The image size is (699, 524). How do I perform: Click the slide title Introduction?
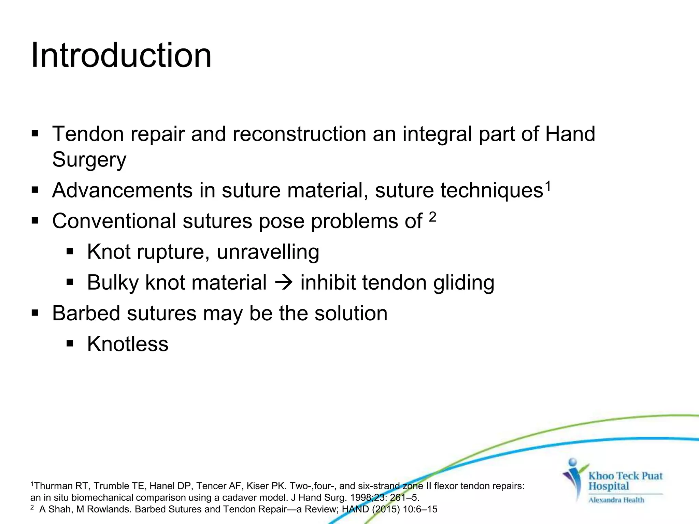[121, 55]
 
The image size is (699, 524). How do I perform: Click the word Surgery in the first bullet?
[89, 160]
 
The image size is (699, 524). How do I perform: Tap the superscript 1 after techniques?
[547, 186]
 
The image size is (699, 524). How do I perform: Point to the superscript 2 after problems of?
[432, 217]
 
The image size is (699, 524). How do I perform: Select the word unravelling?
[268, 252]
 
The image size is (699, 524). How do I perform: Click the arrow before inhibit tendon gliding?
[283, 283]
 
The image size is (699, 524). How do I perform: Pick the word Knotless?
[128, 344]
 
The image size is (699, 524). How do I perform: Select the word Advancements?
[122, 190]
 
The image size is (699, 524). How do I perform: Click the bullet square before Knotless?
[70, 344]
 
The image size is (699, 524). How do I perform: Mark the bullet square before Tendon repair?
[35, 133]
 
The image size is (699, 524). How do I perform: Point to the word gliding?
[463, 283]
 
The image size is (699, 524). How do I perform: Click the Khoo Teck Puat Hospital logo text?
[625, 481]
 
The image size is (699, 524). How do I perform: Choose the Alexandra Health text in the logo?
[616, 500]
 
